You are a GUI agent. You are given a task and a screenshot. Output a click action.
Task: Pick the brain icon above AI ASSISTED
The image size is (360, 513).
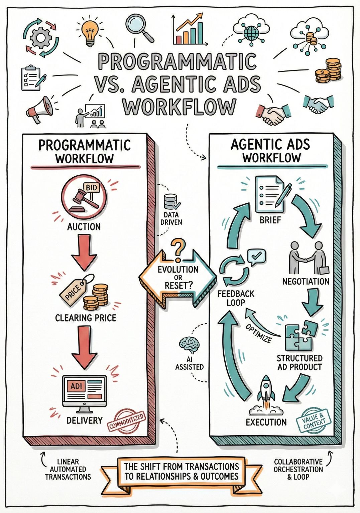(189, 345)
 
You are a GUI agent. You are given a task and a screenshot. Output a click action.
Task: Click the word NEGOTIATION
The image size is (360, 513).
(306, 281)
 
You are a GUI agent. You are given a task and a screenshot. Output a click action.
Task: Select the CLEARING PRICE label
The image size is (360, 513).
(86, 318)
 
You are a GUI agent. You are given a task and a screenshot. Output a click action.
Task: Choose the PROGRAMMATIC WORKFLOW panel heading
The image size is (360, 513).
(85, 151)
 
